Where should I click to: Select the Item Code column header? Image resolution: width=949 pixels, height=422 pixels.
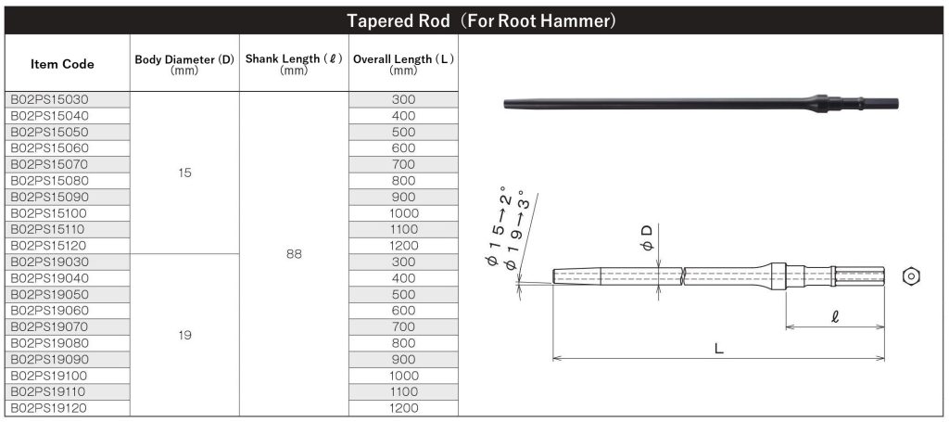click(x=62, y=64)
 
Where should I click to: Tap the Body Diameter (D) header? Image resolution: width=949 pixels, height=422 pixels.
click(x=184, y=64)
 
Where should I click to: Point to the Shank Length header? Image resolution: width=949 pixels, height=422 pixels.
click(x=294, y=64)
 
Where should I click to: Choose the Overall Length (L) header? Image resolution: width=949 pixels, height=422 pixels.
click(x=403, y=64)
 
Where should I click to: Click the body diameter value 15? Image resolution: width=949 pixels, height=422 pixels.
click(x=184, y=173)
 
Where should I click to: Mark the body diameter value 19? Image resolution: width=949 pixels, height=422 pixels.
click(x=184, y=335)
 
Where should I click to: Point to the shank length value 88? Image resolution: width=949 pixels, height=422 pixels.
click(x=294, y=253)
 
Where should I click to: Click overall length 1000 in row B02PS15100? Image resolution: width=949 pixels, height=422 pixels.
click(x=403, y=212)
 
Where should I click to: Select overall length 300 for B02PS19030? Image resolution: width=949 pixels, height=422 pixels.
click(x=403, y=262)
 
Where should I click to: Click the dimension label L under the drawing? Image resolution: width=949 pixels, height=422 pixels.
click(x=718, y=349)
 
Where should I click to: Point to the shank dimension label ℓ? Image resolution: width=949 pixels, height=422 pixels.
click(x=835, y=317)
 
